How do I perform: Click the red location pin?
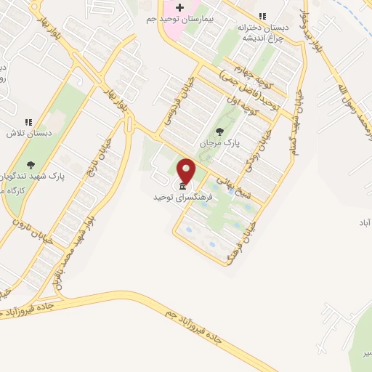(187, 172)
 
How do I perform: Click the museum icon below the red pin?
(181, 187)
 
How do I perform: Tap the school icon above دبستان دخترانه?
(263, 16)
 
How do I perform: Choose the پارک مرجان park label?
(219, 143)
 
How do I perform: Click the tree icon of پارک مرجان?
(219, 132)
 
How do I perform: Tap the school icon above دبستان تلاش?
(28, 122)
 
